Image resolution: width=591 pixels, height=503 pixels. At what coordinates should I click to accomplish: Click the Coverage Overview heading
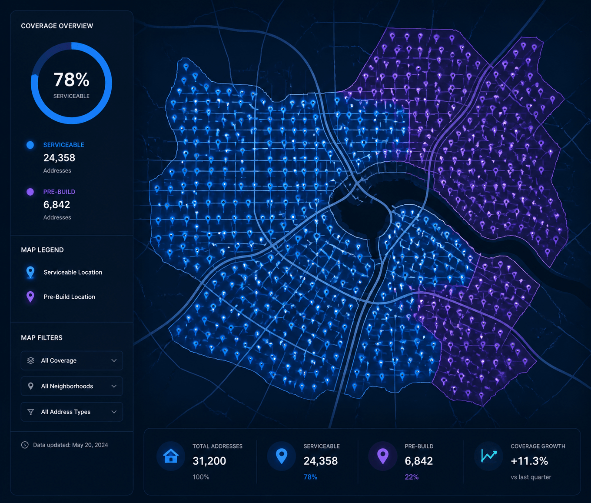coord(57,26)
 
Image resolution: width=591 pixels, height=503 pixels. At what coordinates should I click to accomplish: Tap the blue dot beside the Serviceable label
coord(30,145)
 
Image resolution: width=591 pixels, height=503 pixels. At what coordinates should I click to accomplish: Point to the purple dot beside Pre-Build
coord(30,192)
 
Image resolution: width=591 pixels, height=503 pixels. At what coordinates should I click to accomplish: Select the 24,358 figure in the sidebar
coord(59,158)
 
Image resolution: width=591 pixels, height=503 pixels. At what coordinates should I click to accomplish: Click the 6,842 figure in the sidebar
coord(56,205)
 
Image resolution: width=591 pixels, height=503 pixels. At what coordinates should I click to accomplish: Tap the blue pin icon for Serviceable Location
coord(30,273)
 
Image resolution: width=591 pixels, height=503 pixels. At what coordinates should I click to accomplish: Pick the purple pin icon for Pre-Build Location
coord(30,297)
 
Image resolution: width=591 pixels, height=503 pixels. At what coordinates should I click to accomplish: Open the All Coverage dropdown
coord(72,360)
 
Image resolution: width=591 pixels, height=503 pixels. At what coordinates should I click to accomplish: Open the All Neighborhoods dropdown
coord(72,386)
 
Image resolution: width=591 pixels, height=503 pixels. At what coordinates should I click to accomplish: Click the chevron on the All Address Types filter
coord(114,412)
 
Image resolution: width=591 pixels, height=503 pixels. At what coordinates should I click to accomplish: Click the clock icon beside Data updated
coord(25,445)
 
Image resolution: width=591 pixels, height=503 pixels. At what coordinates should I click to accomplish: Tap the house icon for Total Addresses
coord(171,456)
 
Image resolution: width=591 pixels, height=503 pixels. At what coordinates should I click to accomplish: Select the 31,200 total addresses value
coord(209,461)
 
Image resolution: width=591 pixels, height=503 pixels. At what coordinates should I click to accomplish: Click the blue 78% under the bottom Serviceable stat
coord(310,477)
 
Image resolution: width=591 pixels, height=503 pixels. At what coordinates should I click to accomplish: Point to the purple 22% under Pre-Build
coord(412,477)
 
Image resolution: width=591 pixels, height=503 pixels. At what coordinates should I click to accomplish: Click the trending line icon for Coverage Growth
coord(488,456)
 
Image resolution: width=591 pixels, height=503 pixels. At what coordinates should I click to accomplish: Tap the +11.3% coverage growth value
coord(529,461)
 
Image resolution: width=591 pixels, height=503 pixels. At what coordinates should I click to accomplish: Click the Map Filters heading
coord(42,338)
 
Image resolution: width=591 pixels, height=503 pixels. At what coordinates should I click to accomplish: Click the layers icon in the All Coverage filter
coord(30,360)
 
